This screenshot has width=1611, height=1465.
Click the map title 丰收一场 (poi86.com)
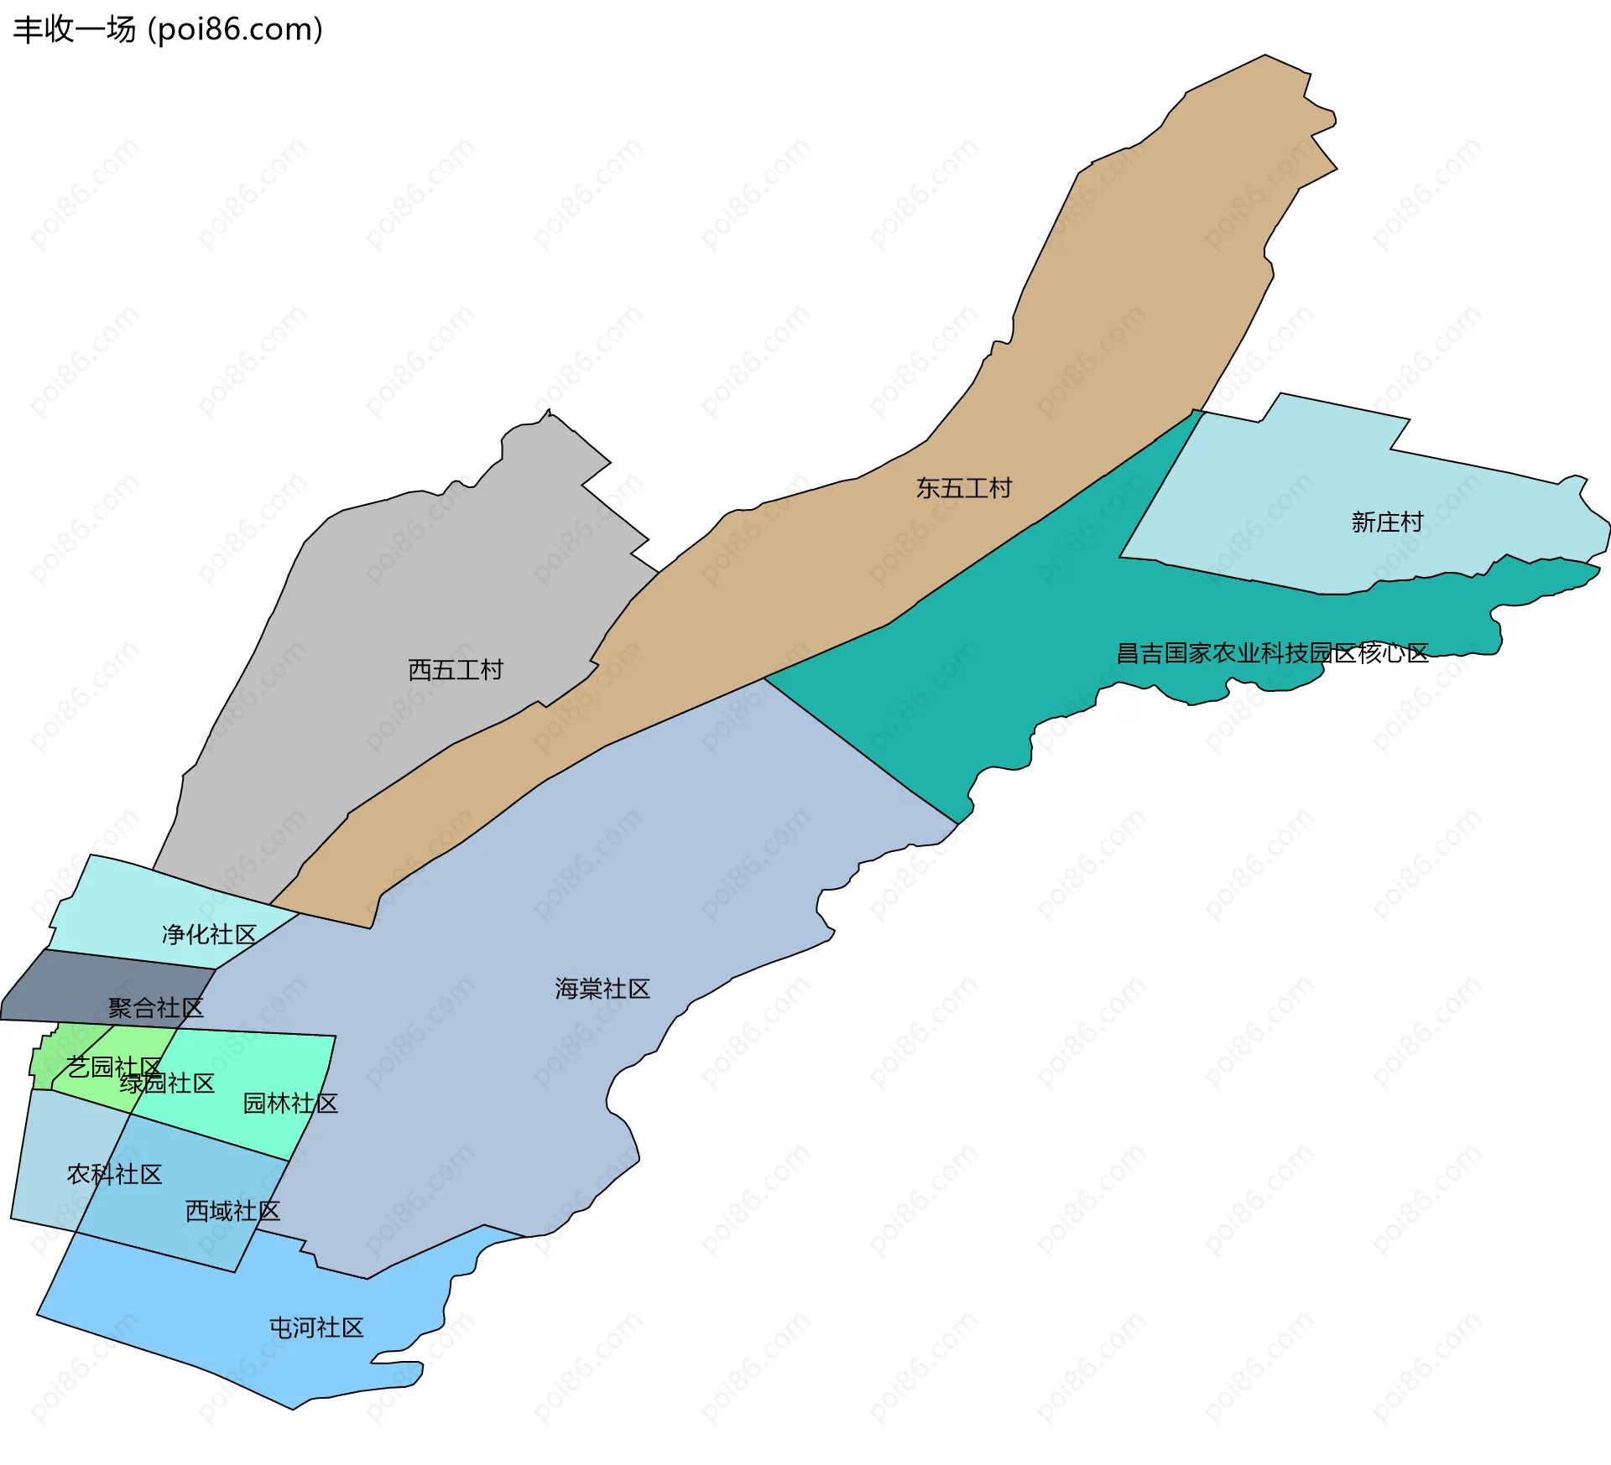168,29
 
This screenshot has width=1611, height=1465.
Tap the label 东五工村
964,488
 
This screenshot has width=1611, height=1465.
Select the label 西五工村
456,670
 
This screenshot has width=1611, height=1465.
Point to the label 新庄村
1387,522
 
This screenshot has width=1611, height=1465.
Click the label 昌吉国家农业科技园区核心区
1272,653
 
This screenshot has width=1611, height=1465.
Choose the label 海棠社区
602,990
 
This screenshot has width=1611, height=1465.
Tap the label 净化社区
209,934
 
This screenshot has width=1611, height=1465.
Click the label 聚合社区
156,1008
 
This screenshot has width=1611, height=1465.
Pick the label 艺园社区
113,1067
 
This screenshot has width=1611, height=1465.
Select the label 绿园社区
167,1083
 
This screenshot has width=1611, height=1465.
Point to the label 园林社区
290,1104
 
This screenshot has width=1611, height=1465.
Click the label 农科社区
114,1174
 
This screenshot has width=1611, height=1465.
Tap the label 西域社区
232,1211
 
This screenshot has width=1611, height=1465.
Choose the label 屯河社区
316,1327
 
